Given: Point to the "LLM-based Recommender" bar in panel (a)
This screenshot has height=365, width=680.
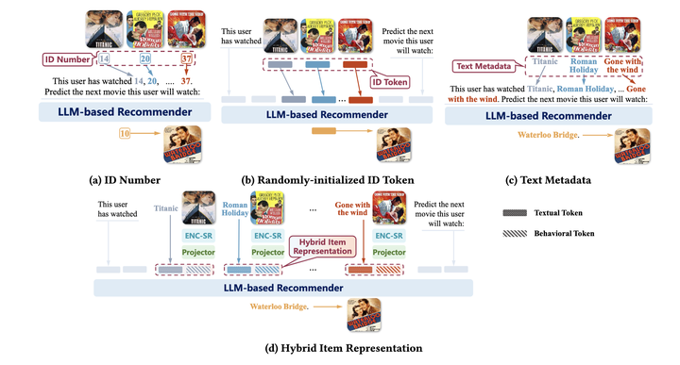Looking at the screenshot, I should [116, 111].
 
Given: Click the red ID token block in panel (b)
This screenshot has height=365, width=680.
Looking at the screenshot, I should [360, 98].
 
